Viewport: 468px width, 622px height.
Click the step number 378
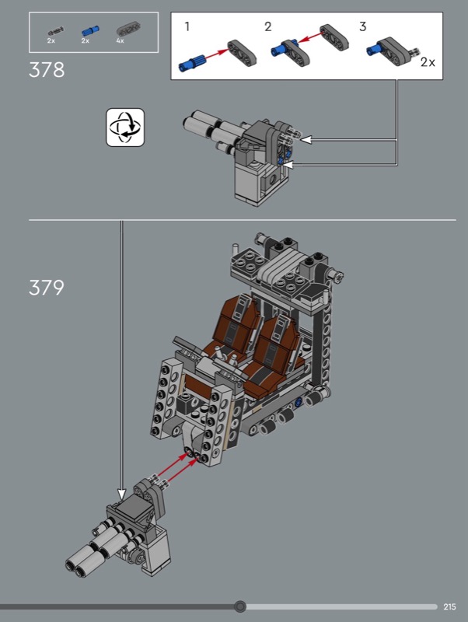point(47,70)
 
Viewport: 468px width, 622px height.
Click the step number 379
point(47,288)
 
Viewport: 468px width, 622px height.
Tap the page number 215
point(449,606)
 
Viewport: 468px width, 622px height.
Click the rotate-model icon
point(125,128)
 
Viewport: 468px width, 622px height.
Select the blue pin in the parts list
point(91,30)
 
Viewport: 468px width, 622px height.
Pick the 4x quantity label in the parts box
point(120,40)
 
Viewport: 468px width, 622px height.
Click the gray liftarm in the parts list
point(128,29)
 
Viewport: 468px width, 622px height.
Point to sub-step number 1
point(187,26)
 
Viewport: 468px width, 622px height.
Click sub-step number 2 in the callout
point(268,26)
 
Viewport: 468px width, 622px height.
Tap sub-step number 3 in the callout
point(362,26)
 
